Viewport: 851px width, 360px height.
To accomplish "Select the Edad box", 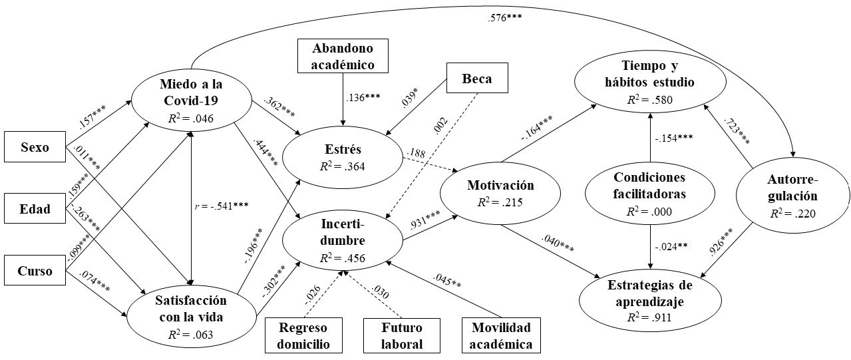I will (35, 210).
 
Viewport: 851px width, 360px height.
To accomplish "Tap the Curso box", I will (35, 272).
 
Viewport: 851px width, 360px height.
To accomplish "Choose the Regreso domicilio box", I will (304, 335).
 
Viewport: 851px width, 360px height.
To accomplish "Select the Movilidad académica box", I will (501, 335).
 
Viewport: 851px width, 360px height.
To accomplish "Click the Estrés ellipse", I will (344, 156).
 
